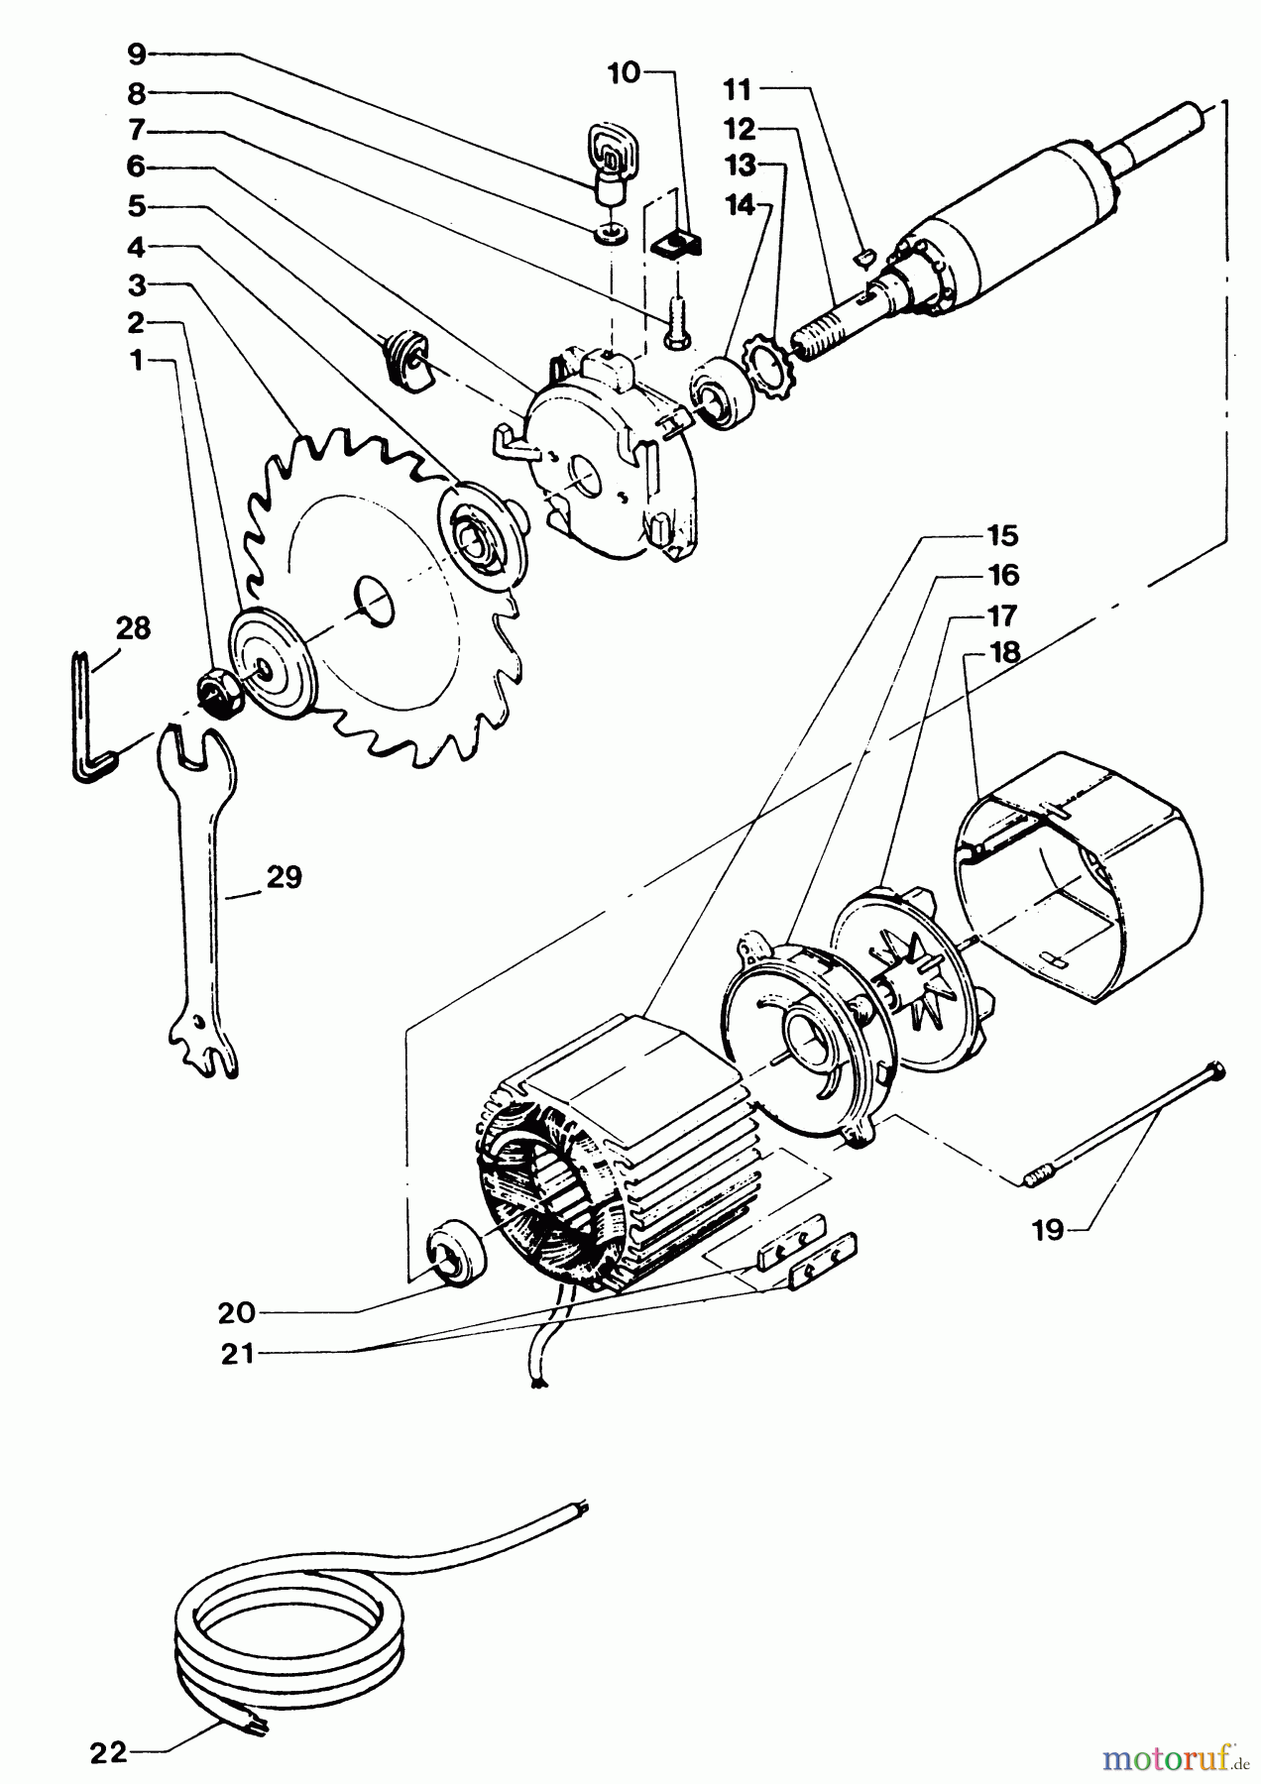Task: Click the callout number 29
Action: click(x=284, y=877)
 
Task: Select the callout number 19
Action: click(x=1047, y=1230)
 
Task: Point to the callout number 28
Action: click(x=133, y=627)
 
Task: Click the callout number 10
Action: click(x=626, y=72)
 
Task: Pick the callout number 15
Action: click(x=1002, y=535)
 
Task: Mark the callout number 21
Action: click(x=238, y=1353)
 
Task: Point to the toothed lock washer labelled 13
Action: click(x=767, y=371)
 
